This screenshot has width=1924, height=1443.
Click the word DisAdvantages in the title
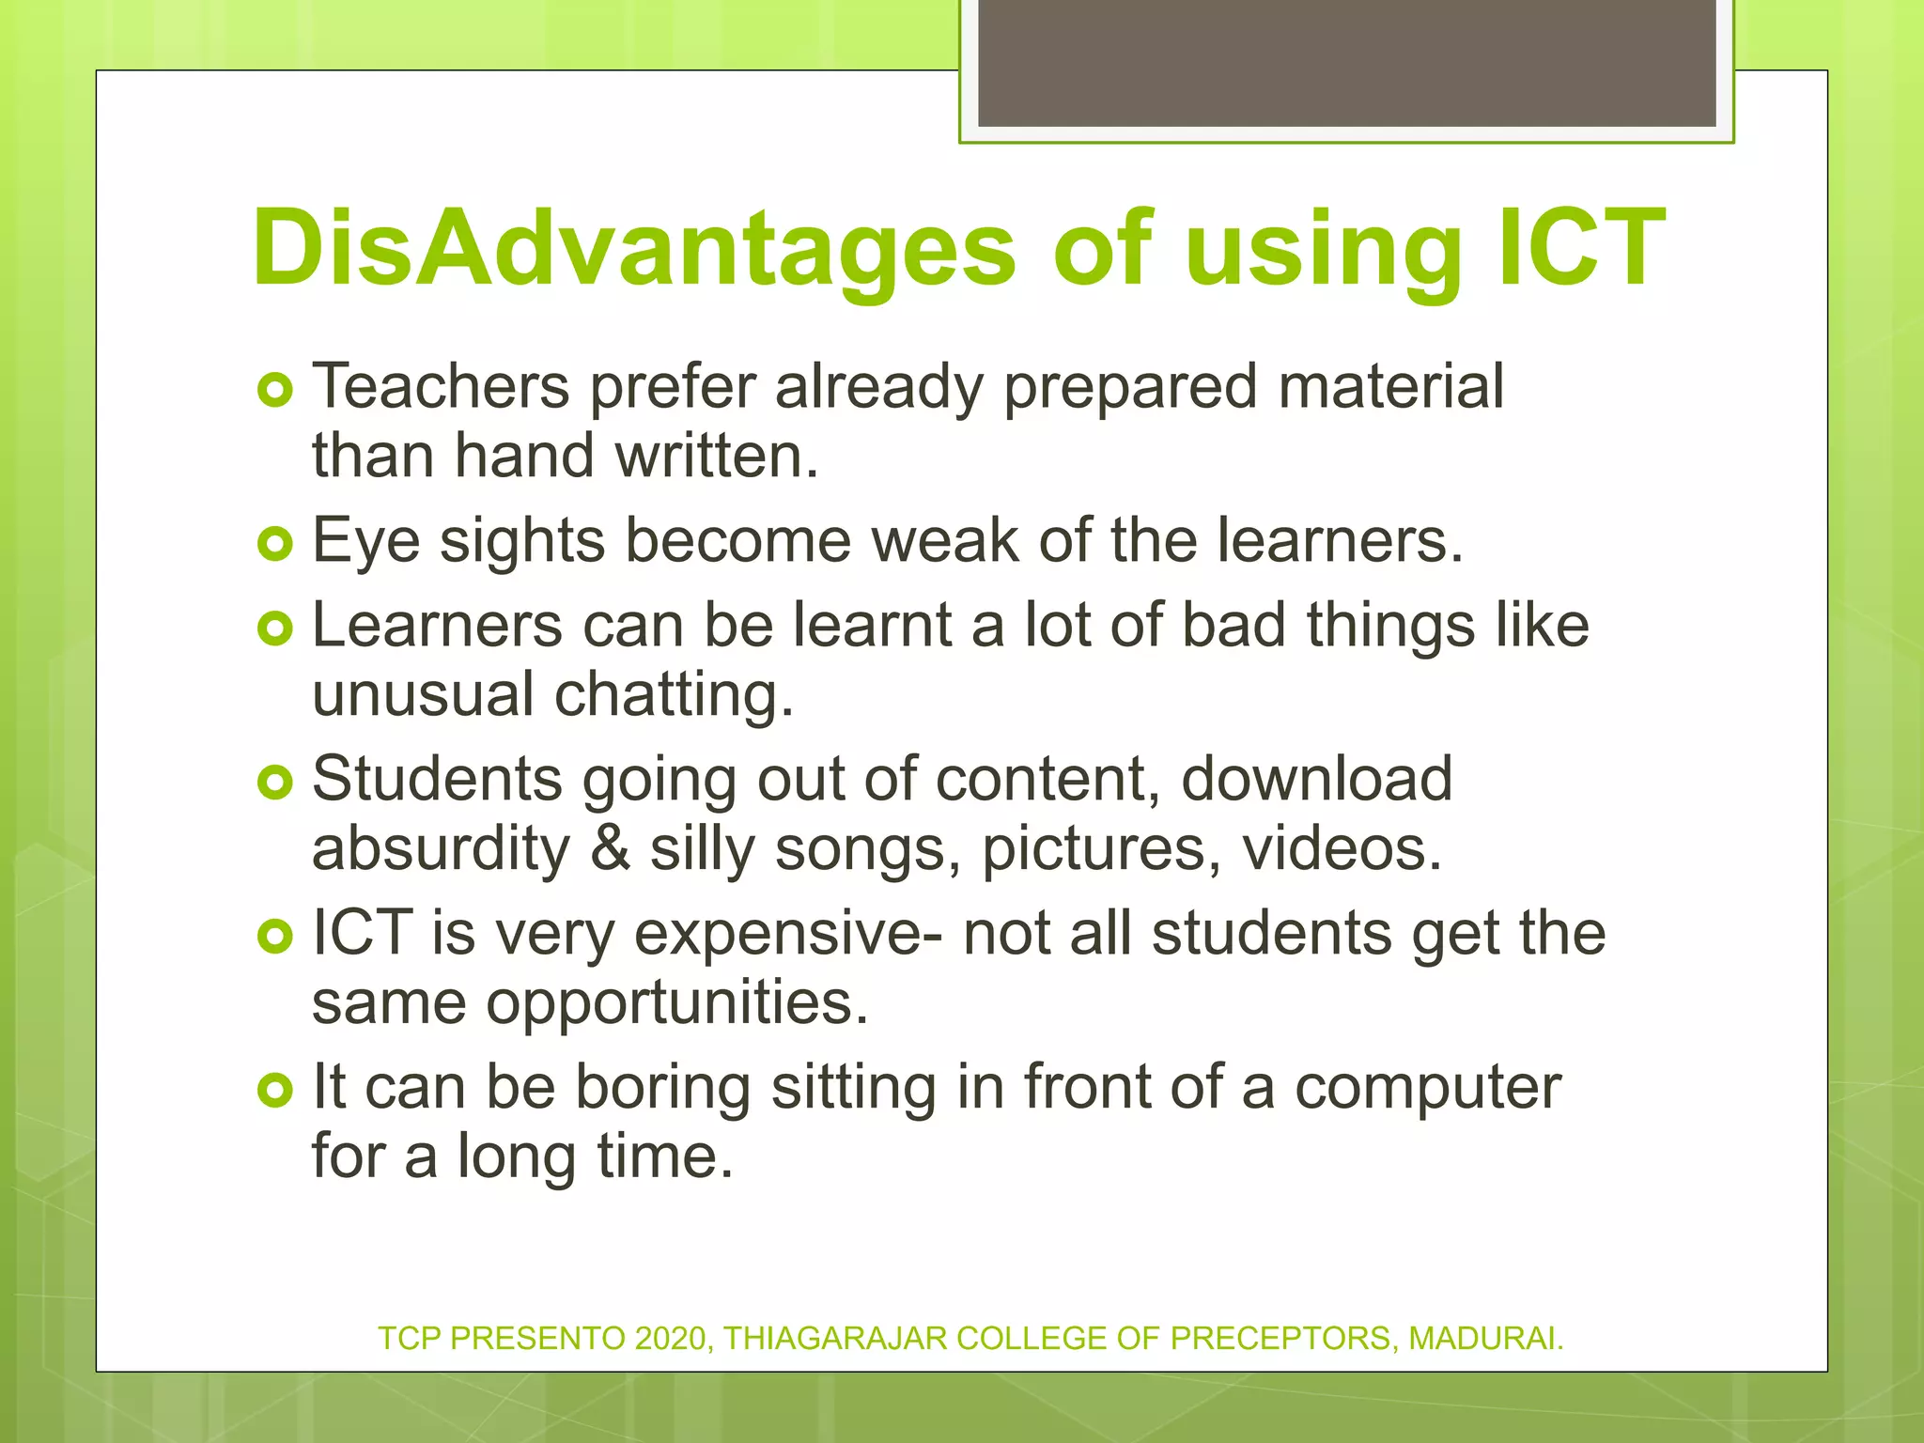(x=633, y=248)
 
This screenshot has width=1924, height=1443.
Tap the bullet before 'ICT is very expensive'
(x=275, y=937)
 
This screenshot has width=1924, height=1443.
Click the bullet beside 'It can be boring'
(x=275, y=1091)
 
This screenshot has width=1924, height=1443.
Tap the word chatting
(x=674, y=695)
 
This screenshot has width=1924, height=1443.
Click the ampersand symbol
(x=611, y=848)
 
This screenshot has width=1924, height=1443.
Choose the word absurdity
(x=441, y=848)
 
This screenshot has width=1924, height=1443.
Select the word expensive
(x=784, y=935)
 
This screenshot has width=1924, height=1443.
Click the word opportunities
(x=676, y=1004)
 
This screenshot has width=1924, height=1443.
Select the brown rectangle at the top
(x=1346, y=62)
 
